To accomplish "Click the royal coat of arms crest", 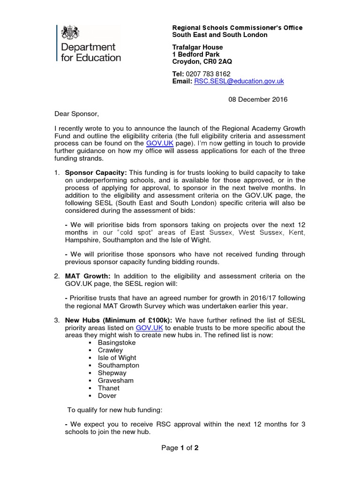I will [70, 32].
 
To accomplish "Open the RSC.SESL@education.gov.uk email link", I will [239, 81].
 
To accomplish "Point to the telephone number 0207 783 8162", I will [208, 74].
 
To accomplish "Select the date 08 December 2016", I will [258, 99].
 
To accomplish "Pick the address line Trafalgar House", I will [197, 47].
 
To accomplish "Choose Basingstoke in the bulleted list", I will [117, 343].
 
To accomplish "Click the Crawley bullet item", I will [110, 350].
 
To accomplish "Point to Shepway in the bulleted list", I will [112, 373].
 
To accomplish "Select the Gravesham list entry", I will [115, 380].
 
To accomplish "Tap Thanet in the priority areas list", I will [108, 388].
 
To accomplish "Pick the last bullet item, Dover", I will [107, 395].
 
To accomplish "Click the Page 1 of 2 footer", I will [180, 448].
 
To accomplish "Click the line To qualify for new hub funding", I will [115, 410].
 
